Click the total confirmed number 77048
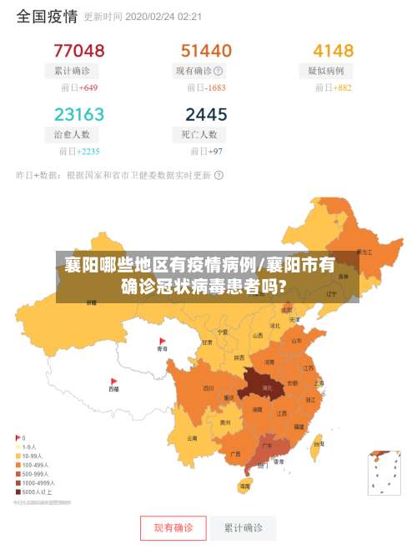coord(79,51)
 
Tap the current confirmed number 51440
coord(206,51)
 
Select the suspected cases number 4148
coord(333,51)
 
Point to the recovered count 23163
coord(79,114)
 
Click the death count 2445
coord(205,114)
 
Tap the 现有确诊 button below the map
coord(173,527)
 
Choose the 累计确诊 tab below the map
coord(243,527)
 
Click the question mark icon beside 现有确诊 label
coord(219,72)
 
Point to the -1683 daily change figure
coord(216,87)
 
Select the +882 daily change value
coord(342,87)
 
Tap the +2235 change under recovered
coord(88,152)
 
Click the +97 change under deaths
coord(214,152)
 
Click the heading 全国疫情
coord(47,16)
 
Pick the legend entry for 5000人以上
coord(37,492)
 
